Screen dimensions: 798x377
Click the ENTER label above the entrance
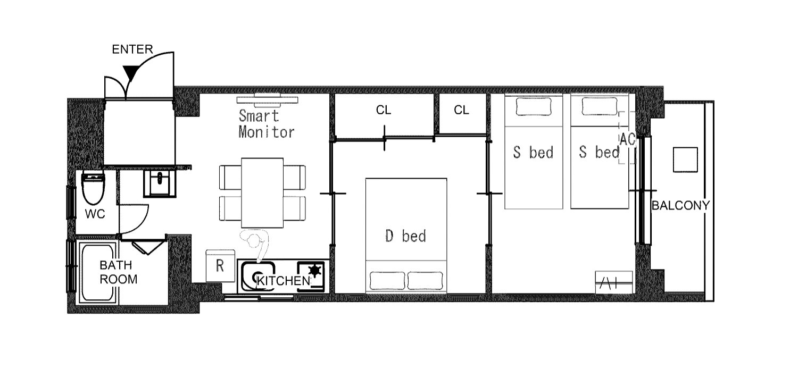132,49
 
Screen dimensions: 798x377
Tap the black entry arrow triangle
130,73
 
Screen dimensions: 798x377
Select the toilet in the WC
93,188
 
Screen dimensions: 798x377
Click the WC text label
95,214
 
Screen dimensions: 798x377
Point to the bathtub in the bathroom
97,273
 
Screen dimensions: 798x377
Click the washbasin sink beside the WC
160,183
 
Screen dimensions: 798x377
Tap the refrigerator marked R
220,265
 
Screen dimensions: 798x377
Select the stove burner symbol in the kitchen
314,271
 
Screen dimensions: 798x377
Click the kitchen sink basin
258,277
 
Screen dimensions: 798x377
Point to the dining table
262,192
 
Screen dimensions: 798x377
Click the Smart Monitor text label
267,124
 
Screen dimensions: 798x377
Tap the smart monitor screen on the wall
267,99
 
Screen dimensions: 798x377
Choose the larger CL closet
385,115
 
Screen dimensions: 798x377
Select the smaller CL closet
463,113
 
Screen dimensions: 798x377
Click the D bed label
406,236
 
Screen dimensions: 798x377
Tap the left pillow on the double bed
387,281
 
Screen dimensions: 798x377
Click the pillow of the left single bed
533,106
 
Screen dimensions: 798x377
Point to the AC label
627,139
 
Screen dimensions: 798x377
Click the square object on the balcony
685,160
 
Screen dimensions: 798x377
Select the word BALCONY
680,205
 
